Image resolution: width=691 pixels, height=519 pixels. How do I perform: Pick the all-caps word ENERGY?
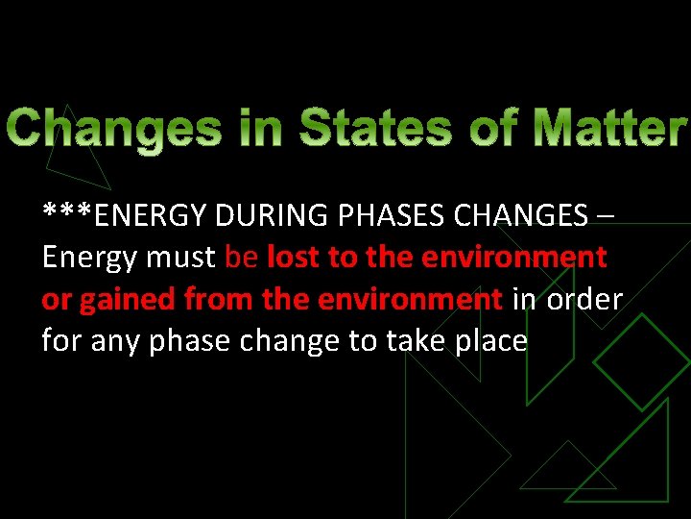coord(153,215)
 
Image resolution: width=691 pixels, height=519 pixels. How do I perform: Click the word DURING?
coord(273,215)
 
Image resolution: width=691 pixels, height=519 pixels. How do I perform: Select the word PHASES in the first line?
coord(393,215)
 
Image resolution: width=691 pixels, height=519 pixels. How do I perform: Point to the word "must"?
coord(181,258)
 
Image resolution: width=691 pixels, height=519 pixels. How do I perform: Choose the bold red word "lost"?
coord(297,257)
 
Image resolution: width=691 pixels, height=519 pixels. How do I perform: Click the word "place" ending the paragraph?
coord(494,341)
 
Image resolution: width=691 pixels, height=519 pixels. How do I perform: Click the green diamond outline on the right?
coord(640,361)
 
